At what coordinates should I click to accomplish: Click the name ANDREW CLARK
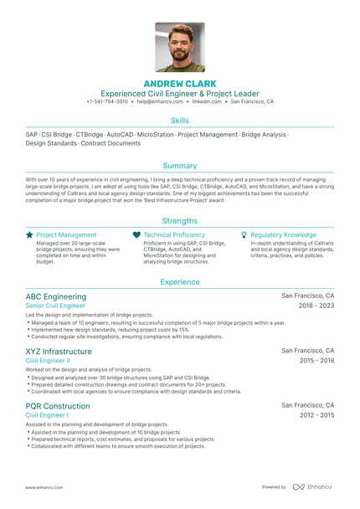180,84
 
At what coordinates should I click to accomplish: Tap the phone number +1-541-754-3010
107,101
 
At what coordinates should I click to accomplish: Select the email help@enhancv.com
159,101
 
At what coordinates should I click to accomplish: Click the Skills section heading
180,121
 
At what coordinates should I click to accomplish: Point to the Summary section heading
180,166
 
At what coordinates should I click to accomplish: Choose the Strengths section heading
180,219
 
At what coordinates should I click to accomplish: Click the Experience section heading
180,282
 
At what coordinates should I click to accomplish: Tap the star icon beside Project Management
30,235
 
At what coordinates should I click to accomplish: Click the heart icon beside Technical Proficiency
136,235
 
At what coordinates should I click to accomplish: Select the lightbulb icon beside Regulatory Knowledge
244,235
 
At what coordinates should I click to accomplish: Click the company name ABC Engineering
56,296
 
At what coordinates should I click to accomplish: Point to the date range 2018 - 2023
316,306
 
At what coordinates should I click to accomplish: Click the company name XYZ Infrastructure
59,351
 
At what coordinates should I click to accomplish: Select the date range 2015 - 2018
316,361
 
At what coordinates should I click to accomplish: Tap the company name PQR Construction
58,405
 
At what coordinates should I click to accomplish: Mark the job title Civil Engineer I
48,415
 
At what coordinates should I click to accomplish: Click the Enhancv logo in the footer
312,486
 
